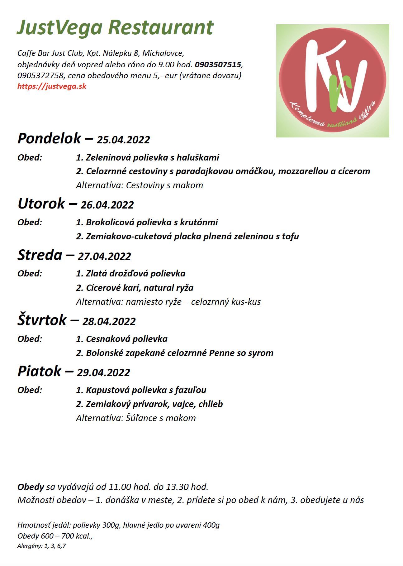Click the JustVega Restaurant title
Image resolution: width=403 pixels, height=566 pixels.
(115, 27)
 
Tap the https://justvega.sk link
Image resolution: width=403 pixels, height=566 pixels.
(52, 86)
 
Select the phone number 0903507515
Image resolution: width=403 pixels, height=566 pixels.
(218, 65)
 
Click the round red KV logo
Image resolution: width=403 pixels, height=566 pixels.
(332, 81)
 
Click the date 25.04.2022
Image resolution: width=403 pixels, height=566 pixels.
(123, 140)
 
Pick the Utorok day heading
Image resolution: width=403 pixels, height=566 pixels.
(41, 204)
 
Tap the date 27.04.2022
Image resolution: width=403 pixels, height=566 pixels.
(104, 257)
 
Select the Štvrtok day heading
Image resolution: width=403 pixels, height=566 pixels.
(42, 320)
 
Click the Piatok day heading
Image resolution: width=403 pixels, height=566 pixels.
(40, 371)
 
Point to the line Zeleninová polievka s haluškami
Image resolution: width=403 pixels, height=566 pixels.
(148, 157)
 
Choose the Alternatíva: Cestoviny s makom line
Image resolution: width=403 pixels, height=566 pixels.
(140, 185)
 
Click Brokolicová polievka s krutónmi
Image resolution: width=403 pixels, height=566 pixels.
(147, 222)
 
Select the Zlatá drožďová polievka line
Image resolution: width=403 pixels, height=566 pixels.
(131, 274)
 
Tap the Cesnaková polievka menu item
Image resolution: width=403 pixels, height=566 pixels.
(122, 339)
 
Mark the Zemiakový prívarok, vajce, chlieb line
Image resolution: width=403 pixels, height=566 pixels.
(149, 404)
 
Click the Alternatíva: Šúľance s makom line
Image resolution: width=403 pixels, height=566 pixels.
(136, 418)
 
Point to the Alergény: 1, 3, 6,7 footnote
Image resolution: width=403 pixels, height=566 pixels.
(41, 546)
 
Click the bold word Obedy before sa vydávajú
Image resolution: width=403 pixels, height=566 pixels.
(31, 487)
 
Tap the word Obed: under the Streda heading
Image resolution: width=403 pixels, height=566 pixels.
(30, 273)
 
